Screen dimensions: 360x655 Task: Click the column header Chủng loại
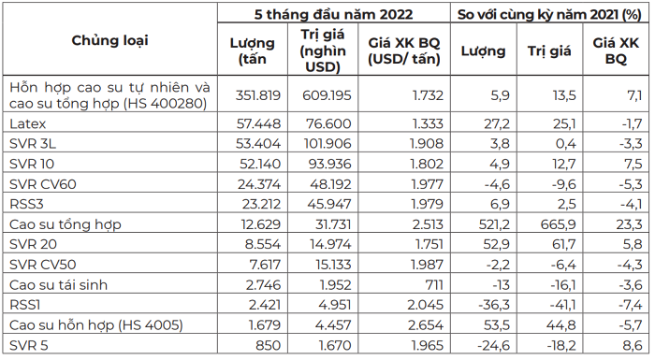pyautogui.click(x=109, y=39)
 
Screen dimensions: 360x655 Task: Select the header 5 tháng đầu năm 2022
pyautogui.click(x=333, y=14)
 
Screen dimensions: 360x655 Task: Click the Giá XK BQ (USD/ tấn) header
pyautogui.click(x=403, y=51)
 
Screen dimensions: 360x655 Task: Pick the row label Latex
pyautogui.click(x=28, y=123)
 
